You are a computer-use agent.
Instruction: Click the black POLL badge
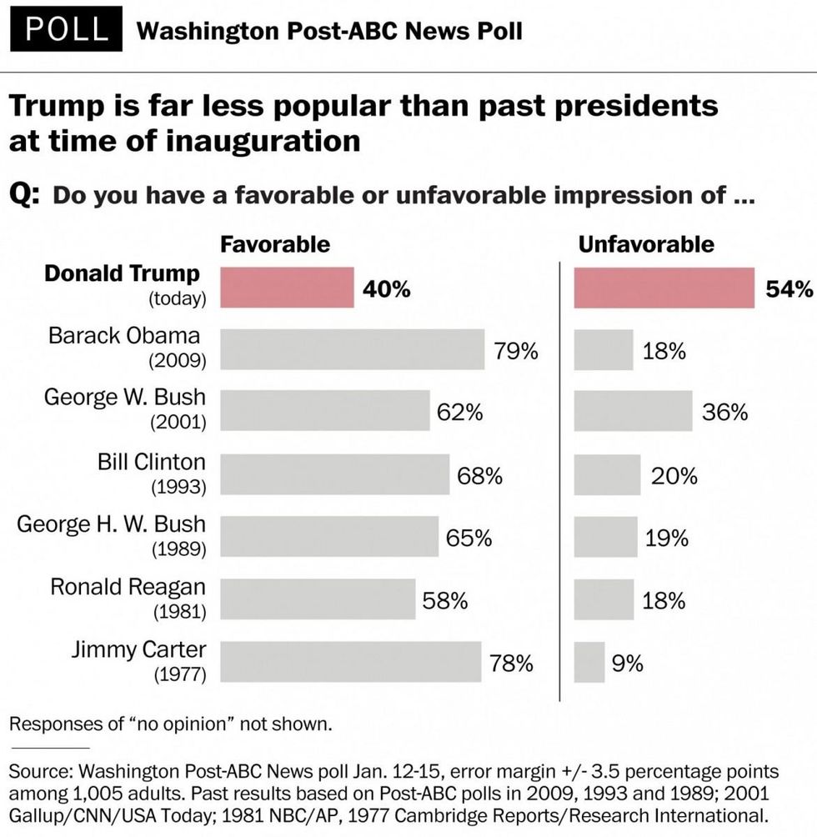click(67, 30)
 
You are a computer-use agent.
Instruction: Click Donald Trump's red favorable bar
click(286, 288)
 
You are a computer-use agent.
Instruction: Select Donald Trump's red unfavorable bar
click(664, 288)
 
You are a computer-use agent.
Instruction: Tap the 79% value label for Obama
click(515, 350)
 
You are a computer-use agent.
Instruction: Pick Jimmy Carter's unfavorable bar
click(589, 662)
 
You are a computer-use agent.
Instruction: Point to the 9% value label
click(628, 664)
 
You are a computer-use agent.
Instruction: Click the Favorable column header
click(274, 244)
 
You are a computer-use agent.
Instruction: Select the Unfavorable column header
click(646, 244)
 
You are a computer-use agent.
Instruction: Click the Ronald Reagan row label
click(128, 586)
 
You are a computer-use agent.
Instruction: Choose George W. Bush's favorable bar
click(324, 411)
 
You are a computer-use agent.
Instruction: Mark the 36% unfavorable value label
click(724, 413)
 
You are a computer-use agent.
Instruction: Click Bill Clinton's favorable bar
click(334, 474)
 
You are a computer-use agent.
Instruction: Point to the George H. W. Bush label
click(111, 524)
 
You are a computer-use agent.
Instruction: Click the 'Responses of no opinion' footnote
click(170, 723)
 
